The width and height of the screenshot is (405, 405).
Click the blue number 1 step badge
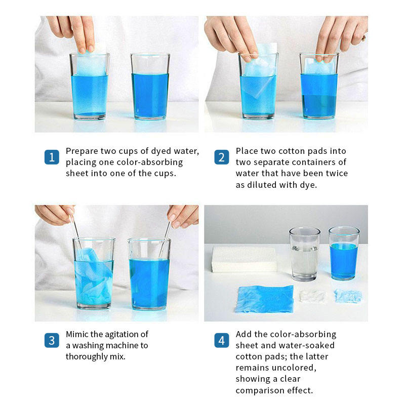click(x=52, y=157)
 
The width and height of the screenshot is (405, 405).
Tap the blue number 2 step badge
click(x=222, y=157)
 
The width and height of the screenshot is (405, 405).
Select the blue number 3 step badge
click(x=52, y=340)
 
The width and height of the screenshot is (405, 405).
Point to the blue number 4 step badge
click(x=222, y=340)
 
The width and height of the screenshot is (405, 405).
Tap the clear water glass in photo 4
click(x=305, y=254)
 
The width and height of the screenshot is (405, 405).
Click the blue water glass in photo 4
click(x=344, y=253)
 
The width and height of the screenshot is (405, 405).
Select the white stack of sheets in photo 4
click(x=244, y=259)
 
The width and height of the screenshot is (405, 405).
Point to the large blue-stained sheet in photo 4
click(x=264, y=299)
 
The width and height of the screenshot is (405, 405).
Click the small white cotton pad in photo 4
click(x=312, y=296)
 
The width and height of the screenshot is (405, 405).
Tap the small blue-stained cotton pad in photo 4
click(x=348, y=296)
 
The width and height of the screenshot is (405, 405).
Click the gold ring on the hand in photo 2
click(x=364, y=38)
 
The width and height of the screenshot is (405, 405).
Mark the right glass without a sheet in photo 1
click(x=150, y=86)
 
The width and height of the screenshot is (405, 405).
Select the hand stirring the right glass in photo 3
click(x=183, y=216)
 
